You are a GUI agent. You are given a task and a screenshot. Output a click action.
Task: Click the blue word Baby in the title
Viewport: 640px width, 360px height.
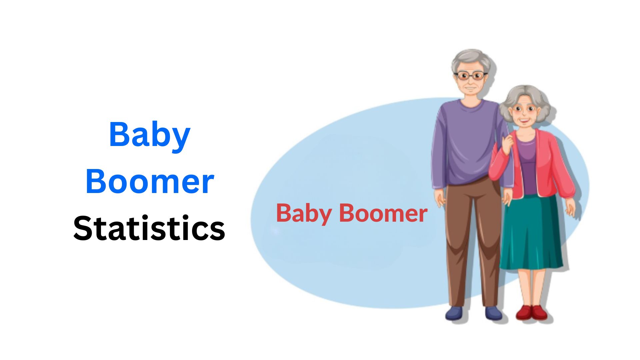click(x=149, y=135)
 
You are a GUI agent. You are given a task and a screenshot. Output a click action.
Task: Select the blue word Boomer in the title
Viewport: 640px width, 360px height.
click(x=149, y=182)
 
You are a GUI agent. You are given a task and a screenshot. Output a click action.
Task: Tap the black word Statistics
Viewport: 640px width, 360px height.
click(x=149, y=228)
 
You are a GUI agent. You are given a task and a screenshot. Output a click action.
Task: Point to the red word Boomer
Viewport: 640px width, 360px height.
click(x=383, y=213)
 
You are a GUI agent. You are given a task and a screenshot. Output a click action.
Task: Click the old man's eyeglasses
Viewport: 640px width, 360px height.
click(x=470, y=76)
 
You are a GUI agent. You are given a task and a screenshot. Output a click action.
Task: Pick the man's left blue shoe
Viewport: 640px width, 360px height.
click(x=454, y=313)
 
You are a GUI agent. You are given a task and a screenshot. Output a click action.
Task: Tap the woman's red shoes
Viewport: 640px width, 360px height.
click(x=531, y=312)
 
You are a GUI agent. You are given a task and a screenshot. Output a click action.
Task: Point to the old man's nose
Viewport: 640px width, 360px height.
click(x=470, y=82)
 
